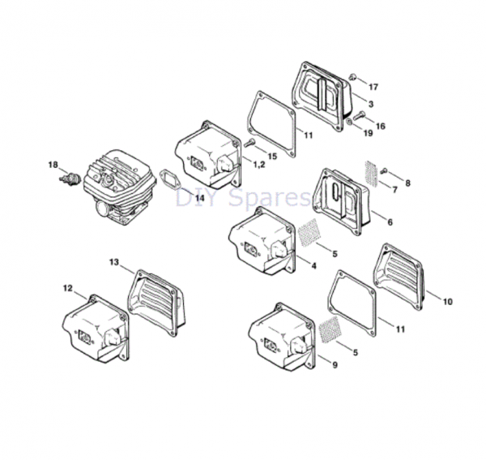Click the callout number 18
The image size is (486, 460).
[x=53, y=166]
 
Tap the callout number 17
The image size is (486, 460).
[x=373, y=86]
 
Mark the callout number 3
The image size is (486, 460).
[x=370, y=105]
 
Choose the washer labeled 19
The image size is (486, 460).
[x=349, y=122]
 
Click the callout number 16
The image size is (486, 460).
[x=380, y=126]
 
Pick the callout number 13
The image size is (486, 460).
[x=114, y=262]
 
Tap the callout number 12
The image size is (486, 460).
[x=68, y=287]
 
